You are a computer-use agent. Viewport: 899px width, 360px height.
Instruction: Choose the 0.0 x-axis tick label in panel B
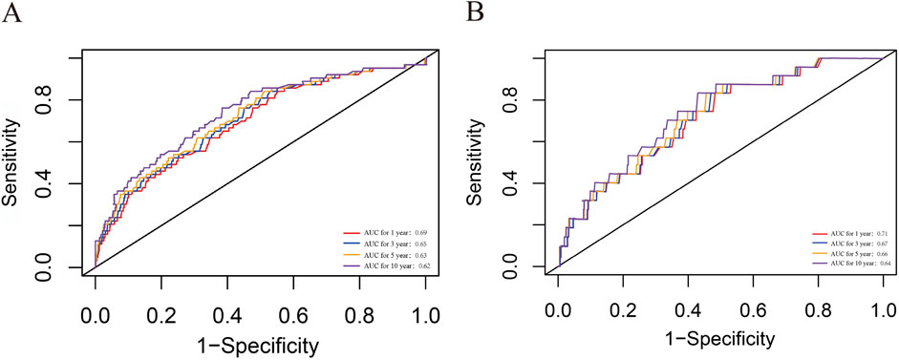[559, 312]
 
